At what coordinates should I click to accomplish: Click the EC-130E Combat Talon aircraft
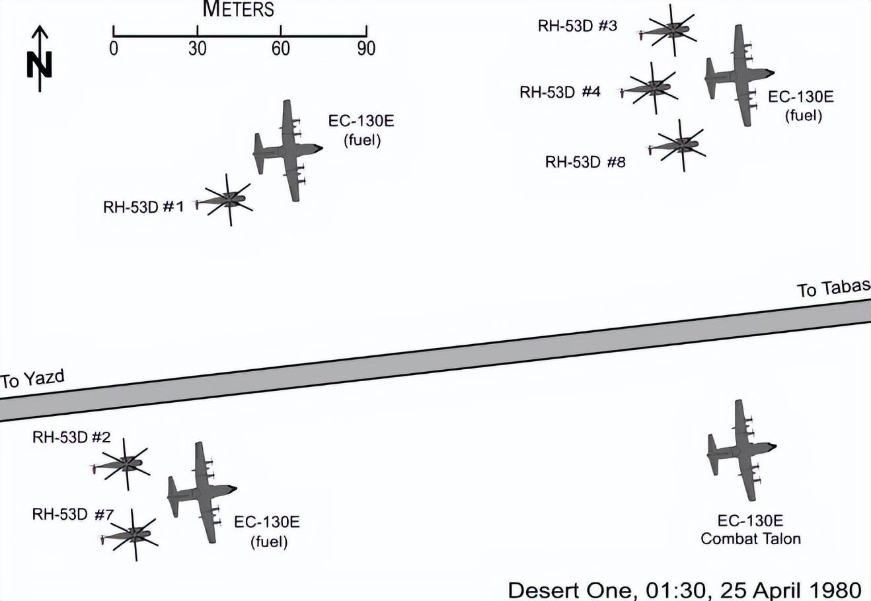click(x=741, y=450)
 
